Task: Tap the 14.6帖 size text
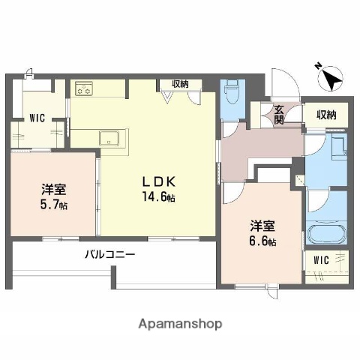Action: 159,198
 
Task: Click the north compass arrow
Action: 331,77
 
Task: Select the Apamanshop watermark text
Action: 179,325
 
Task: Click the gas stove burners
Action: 84,91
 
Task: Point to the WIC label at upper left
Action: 37,117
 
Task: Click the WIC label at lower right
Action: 322,260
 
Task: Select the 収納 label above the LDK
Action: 180,84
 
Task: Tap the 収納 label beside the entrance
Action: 325,115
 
